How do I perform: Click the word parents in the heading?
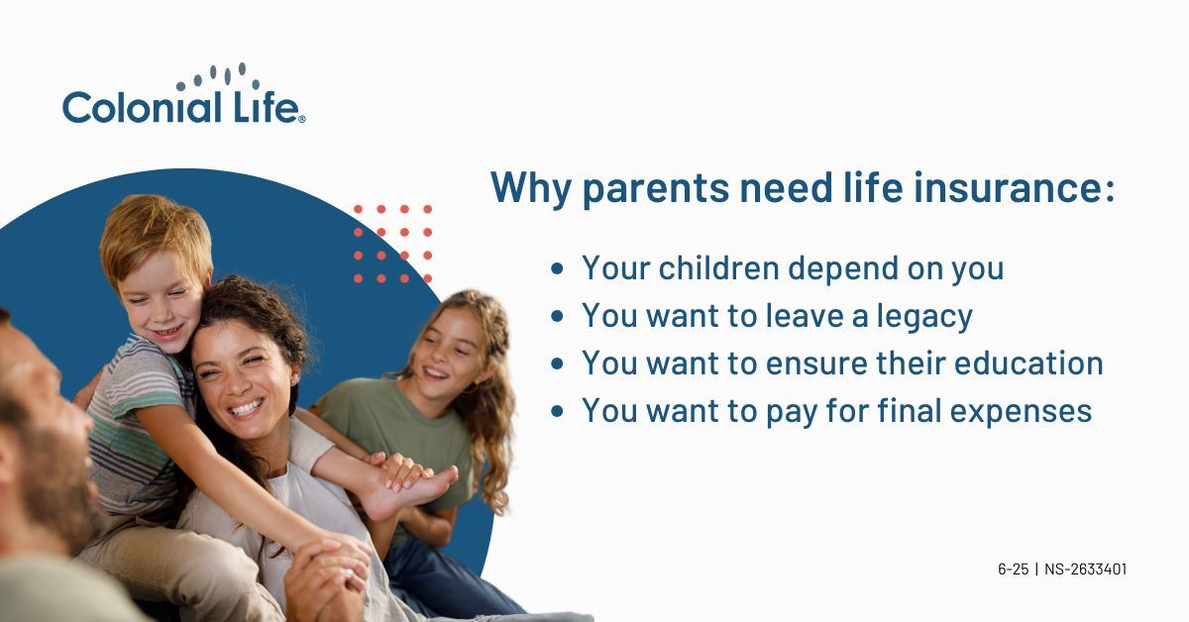point(656,189)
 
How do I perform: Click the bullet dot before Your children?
point(557,268)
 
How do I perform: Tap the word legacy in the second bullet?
point(924,317)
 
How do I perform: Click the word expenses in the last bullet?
point(1021,412)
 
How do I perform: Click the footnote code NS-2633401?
point(1086,570)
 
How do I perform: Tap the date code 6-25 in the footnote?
point(1014,570)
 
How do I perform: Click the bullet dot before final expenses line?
point(557,411)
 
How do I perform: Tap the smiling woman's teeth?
point(246,408)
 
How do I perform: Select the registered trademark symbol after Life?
point(302,120)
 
